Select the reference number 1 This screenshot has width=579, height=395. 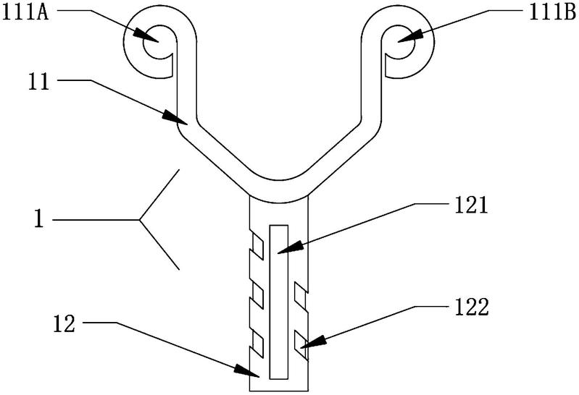(41, 219)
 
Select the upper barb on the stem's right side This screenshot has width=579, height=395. (301, 294)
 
